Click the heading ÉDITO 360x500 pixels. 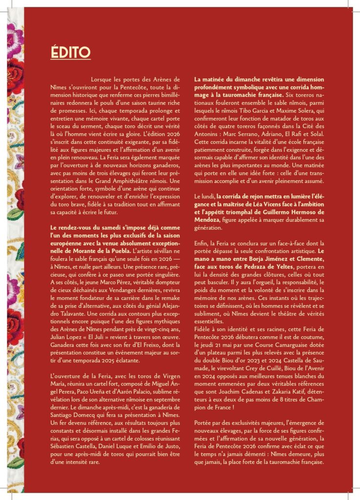pos(71,52)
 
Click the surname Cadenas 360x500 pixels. pos(262,392)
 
